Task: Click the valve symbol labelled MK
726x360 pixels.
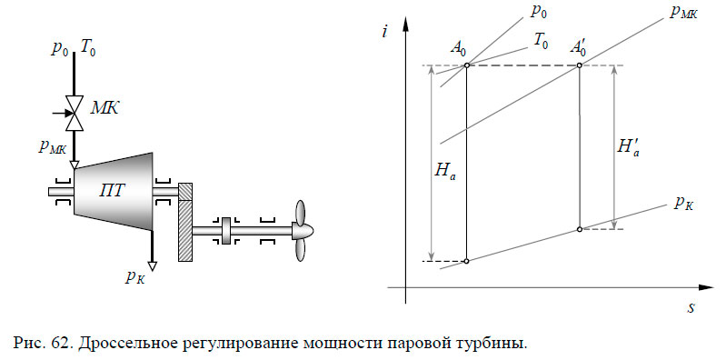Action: (76, 115)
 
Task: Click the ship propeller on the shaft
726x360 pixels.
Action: (302, 232)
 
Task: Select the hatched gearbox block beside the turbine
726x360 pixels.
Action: (186, 223)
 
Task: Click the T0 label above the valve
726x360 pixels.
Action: (88, 48)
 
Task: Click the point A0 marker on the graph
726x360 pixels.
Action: (466, 65)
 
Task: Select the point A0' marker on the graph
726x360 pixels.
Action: (580, 65)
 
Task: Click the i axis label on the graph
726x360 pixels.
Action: (387, 32)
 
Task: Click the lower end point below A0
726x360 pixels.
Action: (466, 261)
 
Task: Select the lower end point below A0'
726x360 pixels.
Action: (580, 229)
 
